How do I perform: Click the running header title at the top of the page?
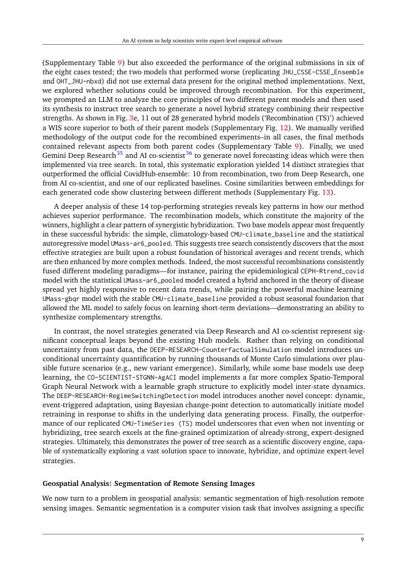(x=203, y=40)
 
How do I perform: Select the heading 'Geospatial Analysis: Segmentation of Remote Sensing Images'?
(x=148, y=483)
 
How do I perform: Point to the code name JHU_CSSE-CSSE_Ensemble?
(x=323, y=72)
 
